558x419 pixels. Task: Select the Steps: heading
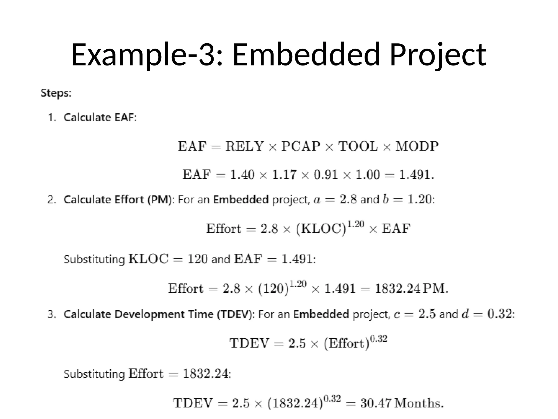coord(56,93)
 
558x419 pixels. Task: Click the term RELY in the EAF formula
coord(244,146)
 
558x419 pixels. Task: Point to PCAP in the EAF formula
coord(301,146)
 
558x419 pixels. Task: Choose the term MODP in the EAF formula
coord(417,146)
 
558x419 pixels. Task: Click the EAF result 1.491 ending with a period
coord(416,175)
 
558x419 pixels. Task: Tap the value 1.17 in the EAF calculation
coord(284,175)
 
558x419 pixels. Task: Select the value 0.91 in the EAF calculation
coord(326,175)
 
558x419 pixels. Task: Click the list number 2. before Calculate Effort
coord(52,200)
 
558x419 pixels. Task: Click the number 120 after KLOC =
coord(197,259)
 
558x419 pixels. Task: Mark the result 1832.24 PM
coord(411,289)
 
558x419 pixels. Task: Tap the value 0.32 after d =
coord(500,314)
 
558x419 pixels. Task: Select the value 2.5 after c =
coord(427,314)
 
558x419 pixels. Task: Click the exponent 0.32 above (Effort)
coord(378,339)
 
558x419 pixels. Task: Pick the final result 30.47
coord(376,403)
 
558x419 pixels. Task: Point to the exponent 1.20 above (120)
coord(298,284)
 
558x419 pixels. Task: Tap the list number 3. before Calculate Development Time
coord(52,315)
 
